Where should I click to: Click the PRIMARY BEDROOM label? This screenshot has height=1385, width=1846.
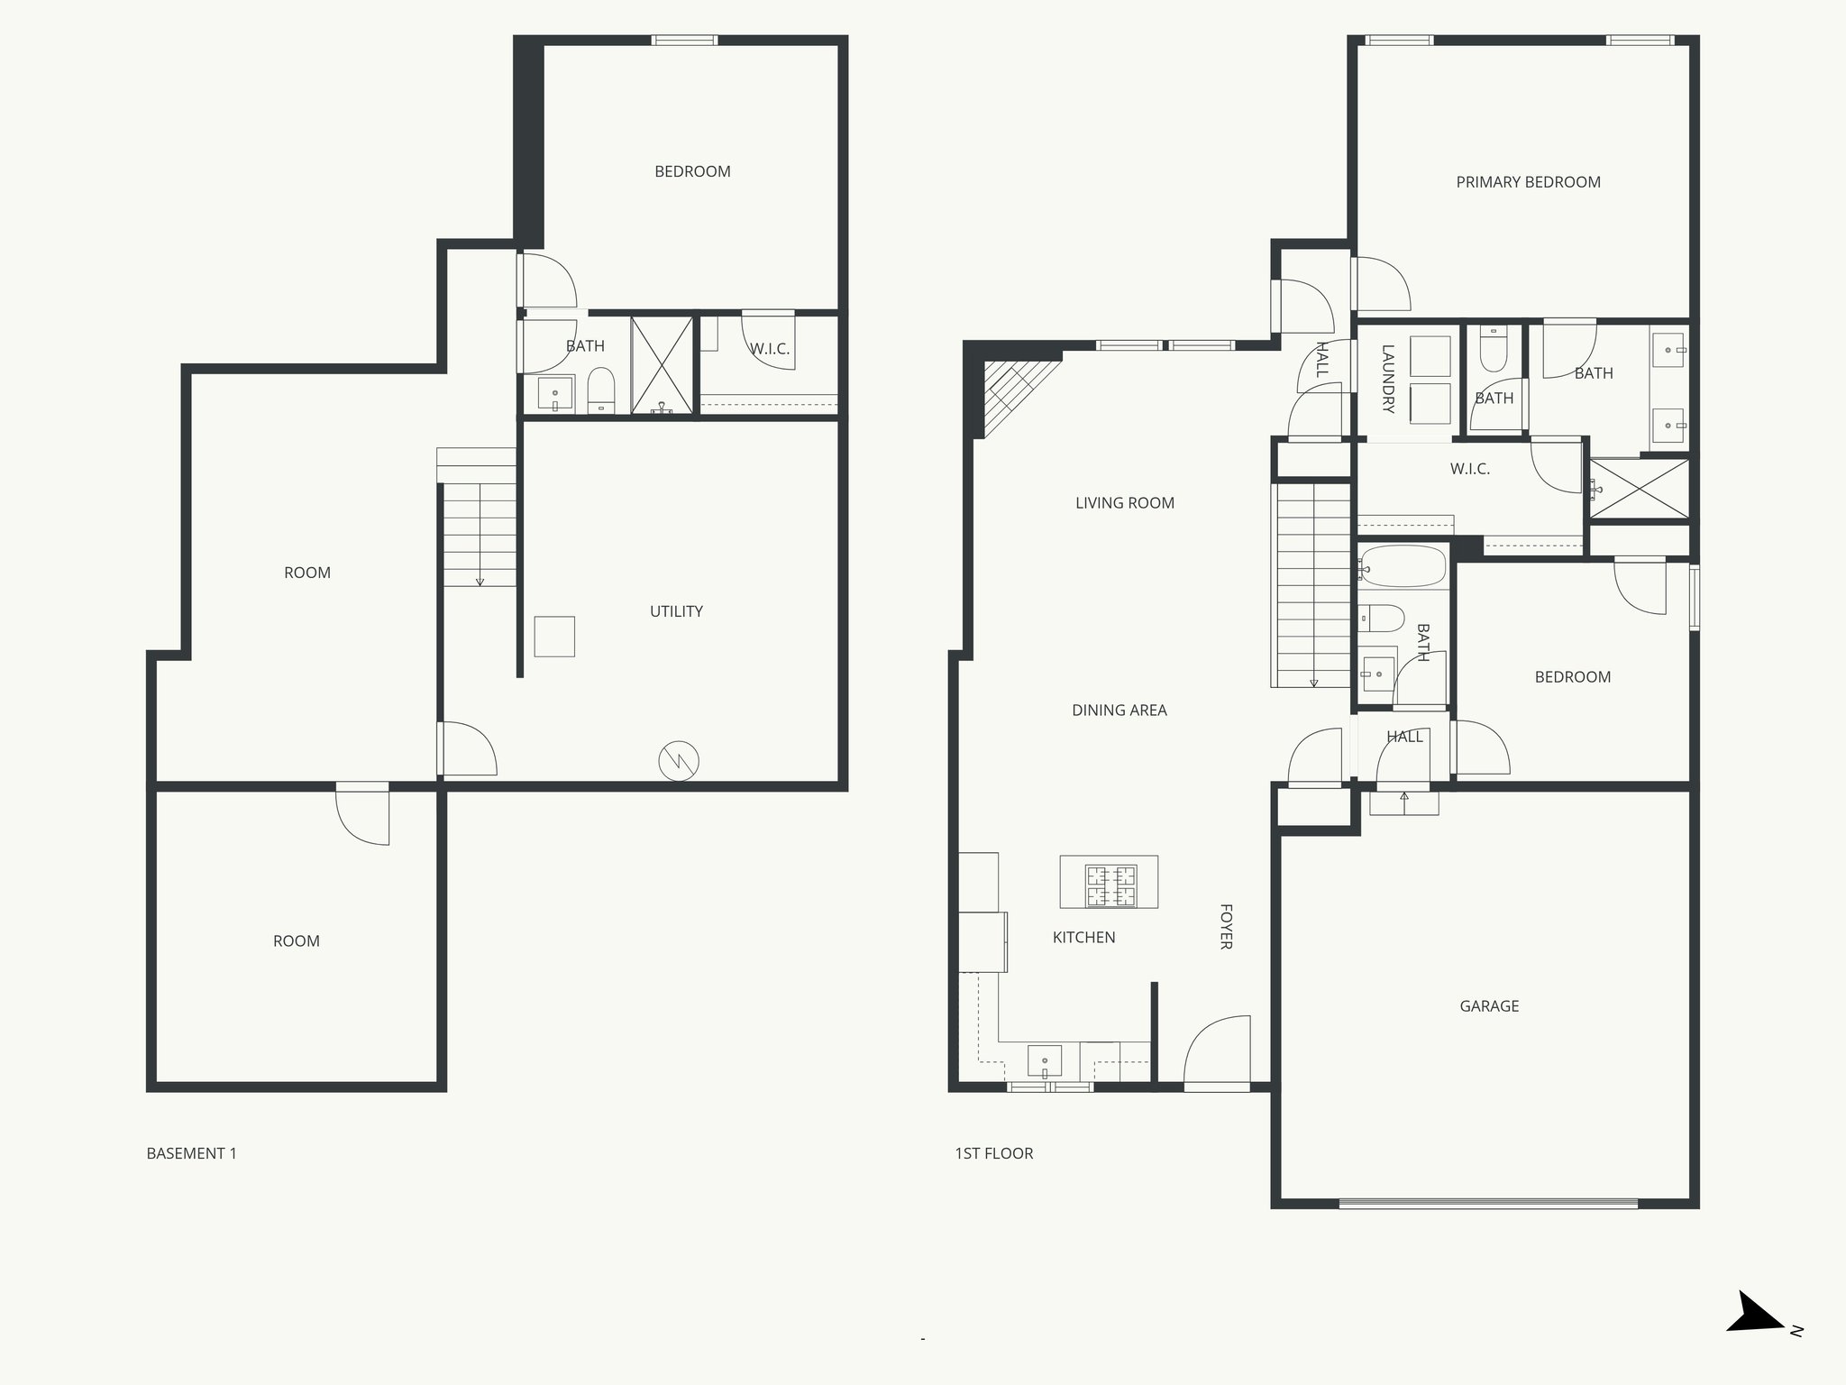point(1528,182)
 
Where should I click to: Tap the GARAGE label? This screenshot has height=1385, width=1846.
point(1489,1005)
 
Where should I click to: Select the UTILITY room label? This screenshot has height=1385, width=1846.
point(676,611)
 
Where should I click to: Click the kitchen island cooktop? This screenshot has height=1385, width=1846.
point(1110,885)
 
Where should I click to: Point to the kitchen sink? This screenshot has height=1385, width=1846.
point(1045,1060)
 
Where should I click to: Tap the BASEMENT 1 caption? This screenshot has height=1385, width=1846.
point(191,1153)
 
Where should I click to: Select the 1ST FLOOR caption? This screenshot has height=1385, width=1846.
point(993,1153)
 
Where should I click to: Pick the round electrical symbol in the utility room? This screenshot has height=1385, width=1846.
point(679,761)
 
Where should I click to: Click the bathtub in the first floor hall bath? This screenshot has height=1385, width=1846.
point(1403,567)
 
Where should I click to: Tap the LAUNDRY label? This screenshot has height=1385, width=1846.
point(1387,379)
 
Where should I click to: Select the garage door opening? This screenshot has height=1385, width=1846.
point(1487,1203)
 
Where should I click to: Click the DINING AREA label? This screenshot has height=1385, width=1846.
point(1119,711)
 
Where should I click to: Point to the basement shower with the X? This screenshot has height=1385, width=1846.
point(662,365)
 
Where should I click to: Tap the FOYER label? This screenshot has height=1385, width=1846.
point(1226,926)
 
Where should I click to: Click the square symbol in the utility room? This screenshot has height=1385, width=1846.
point(554,637)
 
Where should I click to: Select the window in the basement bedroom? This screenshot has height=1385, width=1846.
point(685,41)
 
